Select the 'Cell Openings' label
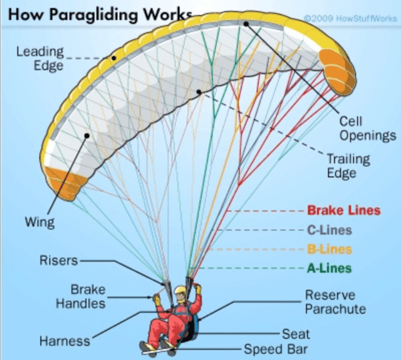[x=367, y=128]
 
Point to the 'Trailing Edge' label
[x=350, y=165]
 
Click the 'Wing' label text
[x=39, y=222]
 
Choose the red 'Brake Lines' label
[x=343, y=210]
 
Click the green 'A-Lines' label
[x=329, y=269]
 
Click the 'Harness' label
[x=65, y=341]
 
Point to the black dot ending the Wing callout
[x=87, y=135]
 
